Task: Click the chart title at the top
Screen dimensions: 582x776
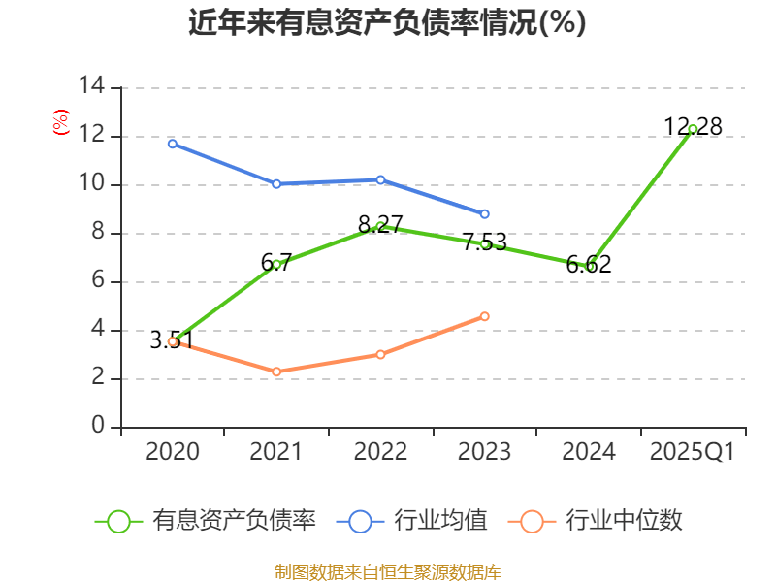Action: pos(387,23)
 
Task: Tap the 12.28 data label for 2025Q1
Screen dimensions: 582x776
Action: pos(693,126)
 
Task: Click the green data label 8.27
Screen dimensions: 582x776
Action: pos(380,224)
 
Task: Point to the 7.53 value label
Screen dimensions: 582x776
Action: pos(484,242)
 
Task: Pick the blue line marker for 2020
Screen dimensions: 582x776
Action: pos(173,144)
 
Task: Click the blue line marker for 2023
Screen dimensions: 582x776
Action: pos(485,213)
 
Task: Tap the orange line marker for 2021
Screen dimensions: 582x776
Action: pos(276,372)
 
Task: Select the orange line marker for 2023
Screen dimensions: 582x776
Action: pos(485,316)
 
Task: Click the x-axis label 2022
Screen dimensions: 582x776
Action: pos(380,451)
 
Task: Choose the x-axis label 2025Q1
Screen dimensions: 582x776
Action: pos(693,451)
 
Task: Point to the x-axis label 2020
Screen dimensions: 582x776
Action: pos(173,451)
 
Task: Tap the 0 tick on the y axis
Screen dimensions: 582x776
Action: pos(98,427)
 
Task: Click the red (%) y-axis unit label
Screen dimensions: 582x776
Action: pos(60,122)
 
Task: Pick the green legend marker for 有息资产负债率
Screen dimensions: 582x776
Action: pos(118,521)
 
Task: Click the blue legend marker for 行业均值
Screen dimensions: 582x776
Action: pos(360,521)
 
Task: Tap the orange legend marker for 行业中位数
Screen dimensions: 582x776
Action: pos(532,521)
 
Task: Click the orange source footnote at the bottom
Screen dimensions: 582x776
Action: pos(387,571)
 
